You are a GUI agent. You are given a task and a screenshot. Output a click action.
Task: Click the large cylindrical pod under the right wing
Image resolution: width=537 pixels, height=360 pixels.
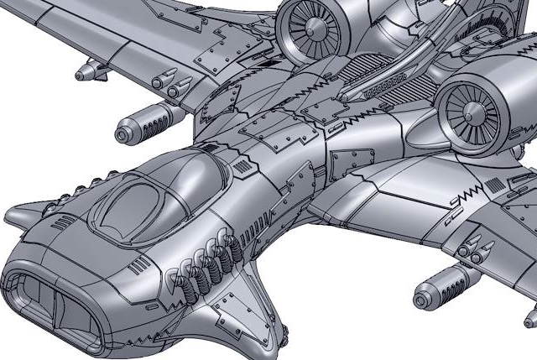tap(445, 284)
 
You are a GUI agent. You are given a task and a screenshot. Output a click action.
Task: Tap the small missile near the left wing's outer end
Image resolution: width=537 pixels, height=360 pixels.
tap(93, 71)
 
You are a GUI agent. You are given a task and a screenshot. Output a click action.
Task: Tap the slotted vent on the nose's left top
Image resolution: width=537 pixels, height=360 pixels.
tap(63, 222)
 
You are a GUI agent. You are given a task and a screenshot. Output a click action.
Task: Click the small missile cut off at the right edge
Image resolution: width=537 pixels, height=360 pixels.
tap(530, 317)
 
